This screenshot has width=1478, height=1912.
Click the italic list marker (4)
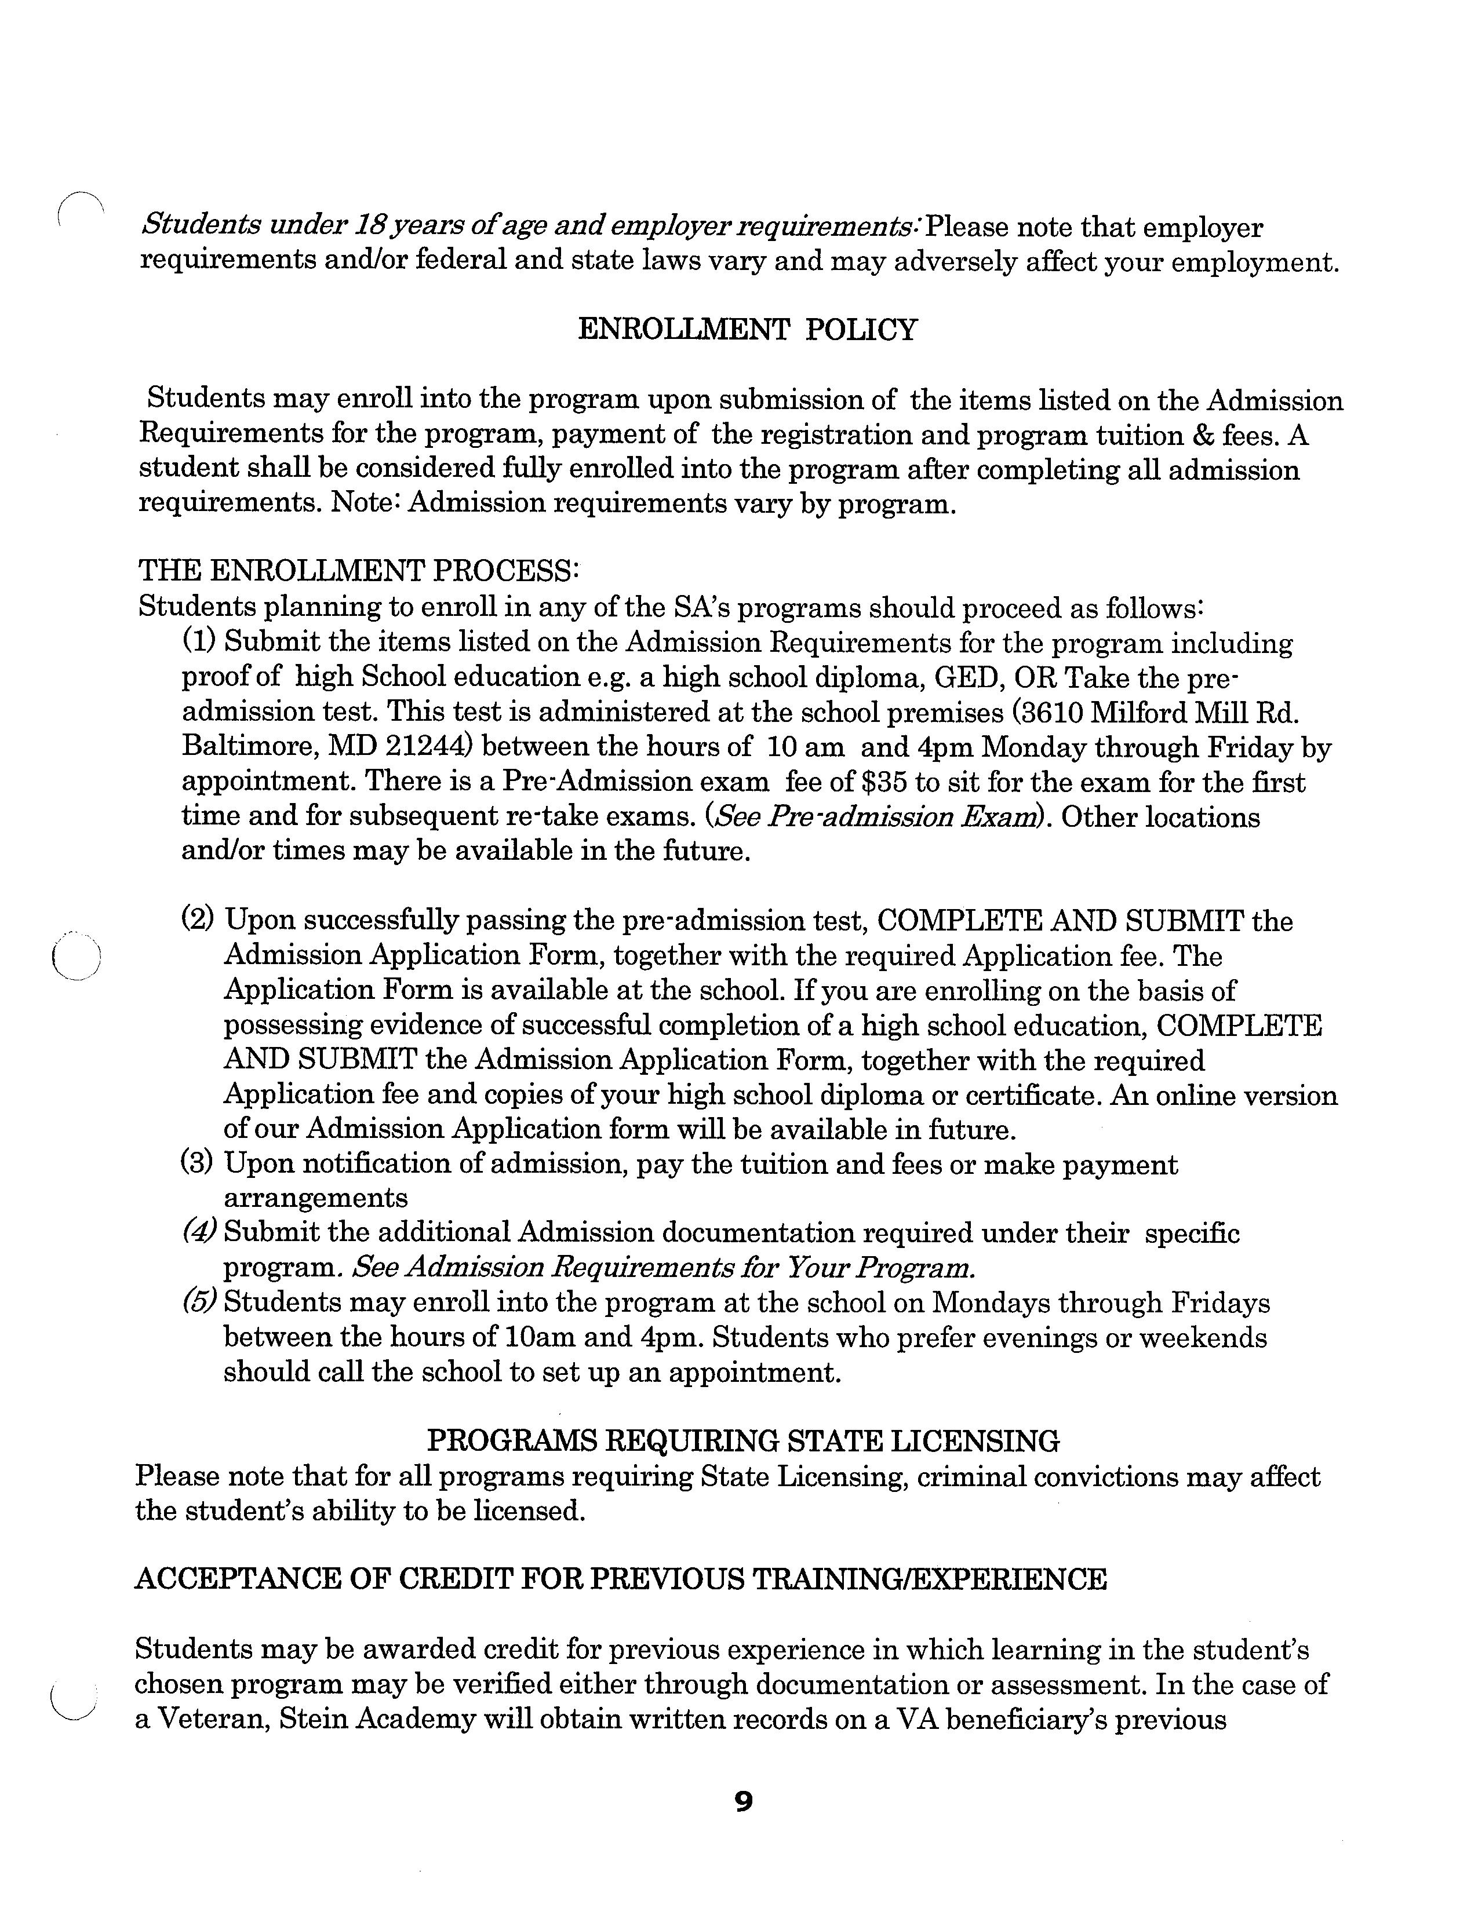pos(199,1232)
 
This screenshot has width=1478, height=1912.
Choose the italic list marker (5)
pos(199,1302)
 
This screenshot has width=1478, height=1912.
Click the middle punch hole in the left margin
pos(76,955)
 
